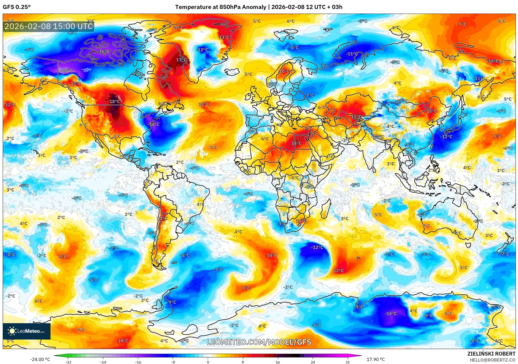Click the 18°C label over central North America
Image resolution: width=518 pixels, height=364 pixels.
point(114,101)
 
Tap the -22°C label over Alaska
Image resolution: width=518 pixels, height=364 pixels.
point(66,71)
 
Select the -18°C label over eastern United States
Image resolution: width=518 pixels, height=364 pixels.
point(154,124)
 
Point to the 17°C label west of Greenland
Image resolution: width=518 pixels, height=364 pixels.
point(181,60)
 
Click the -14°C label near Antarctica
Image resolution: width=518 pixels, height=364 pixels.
point(391,313)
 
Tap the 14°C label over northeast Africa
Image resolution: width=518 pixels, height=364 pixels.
point(296,143)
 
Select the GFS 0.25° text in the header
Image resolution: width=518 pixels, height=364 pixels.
point(17,7)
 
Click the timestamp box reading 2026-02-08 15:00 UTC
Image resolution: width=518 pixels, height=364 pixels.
point(49,26)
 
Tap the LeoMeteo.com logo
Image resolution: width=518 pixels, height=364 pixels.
point(27,331)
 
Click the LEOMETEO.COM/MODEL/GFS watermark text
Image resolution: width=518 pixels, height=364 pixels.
point(259,342)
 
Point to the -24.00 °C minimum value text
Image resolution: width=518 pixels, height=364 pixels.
point(40,359)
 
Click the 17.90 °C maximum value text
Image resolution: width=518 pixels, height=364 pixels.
point(375,359)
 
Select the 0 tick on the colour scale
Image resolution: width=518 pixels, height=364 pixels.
point(208,362)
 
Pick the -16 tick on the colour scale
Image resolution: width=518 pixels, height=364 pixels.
point(138,362)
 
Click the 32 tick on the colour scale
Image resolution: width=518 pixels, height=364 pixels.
point(347,362)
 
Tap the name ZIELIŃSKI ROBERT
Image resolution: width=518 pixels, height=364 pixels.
point(491,354)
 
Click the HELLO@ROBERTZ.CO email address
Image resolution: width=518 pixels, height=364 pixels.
point(492,360)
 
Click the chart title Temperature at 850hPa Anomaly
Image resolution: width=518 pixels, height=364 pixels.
point(221,7)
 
